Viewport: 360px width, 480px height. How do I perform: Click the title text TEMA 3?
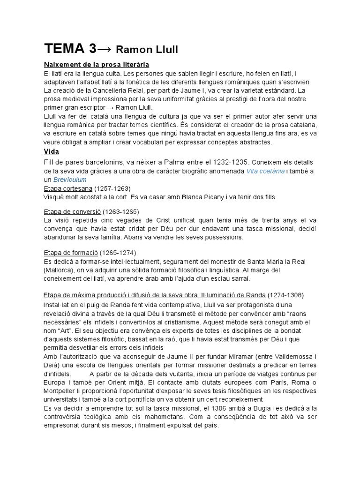pos(70,49)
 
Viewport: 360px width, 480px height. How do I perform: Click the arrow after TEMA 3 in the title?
pos(105,49)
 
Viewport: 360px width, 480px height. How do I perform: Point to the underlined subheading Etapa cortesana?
pos(67,188)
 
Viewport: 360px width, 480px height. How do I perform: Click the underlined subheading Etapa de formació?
pos(71,253)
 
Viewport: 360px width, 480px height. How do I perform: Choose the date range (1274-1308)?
pos(285,295)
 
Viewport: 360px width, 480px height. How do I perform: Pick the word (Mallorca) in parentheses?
pos(59,270)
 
